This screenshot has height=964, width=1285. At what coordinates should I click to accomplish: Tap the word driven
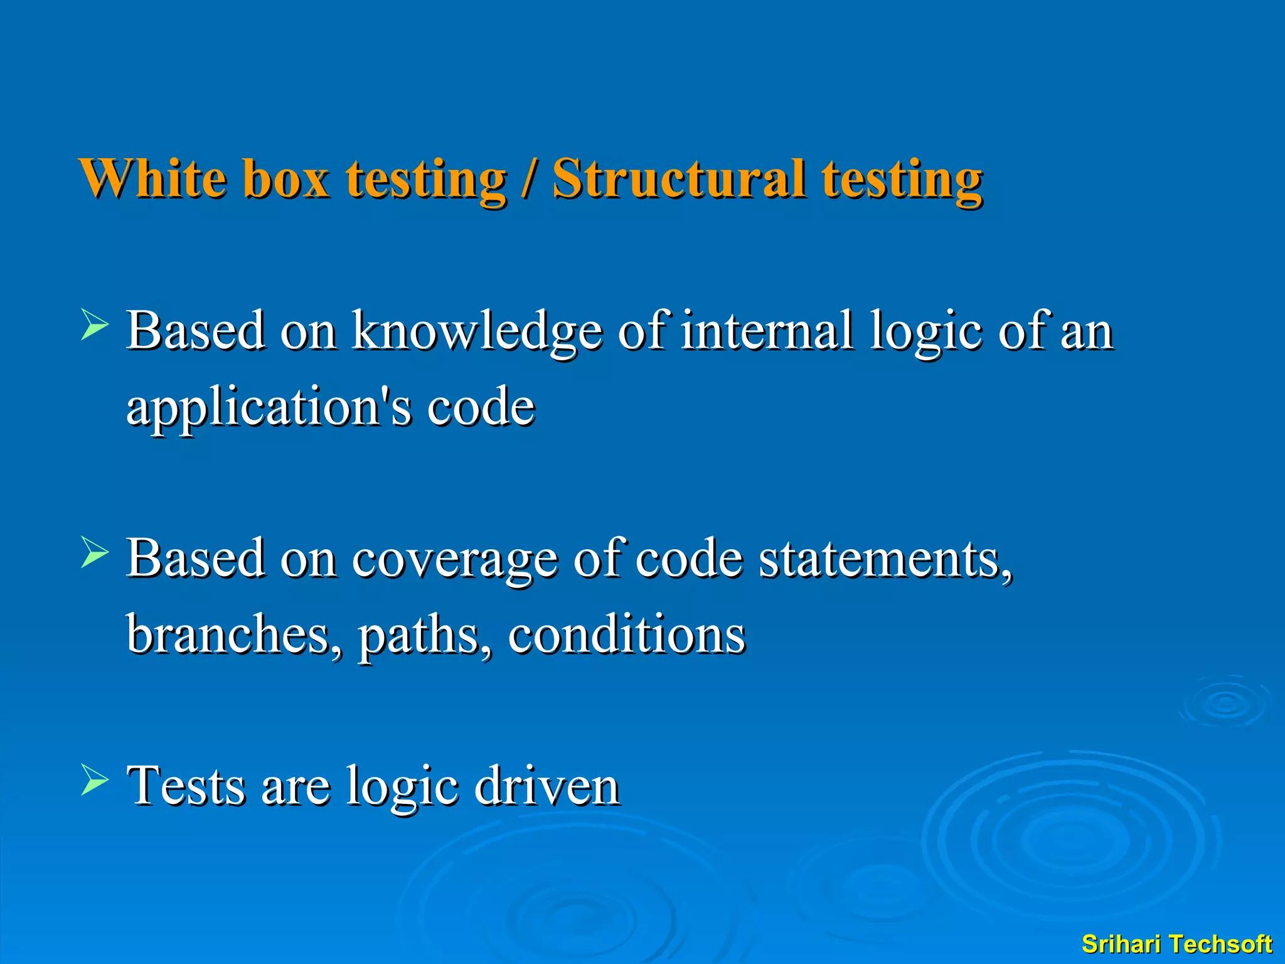[547, 786]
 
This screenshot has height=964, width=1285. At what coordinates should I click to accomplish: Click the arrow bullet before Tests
[95, 781]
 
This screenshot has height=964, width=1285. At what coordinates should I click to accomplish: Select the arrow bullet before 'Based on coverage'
[95, 554]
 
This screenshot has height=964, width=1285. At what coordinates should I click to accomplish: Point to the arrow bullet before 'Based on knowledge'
[95, 326]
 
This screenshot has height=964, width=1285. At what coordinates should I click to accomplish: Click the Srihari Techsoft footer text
[1176, 944]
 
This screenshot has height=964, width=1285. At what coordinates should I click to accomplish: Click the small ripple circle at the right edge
[1225, 703]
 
